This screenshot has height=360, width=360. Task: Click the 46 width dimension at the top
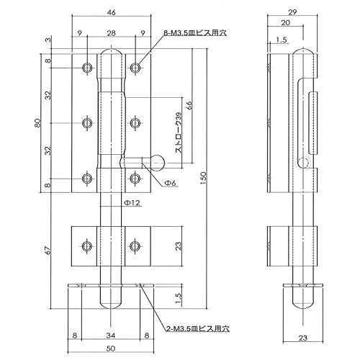[x=112, y=12]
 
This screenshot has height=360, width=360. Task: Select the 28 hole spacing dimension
[x=112, y=33]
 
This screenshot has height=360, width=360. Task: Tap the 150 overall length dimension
[x=203, y=178]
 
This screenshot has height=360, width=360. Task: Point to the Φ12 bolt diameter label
[x=132, y=203]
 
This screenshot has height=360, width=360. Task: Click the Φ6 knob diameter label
[x=170, y=183]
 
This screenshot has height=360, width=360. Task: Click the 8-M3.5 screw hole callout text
[x=195, y=33]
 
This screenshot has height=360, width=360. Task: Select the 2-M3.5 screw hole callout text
[x=198, y=328]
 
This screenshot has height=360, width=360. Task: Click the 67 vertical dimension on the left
[x=48, y=251]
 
